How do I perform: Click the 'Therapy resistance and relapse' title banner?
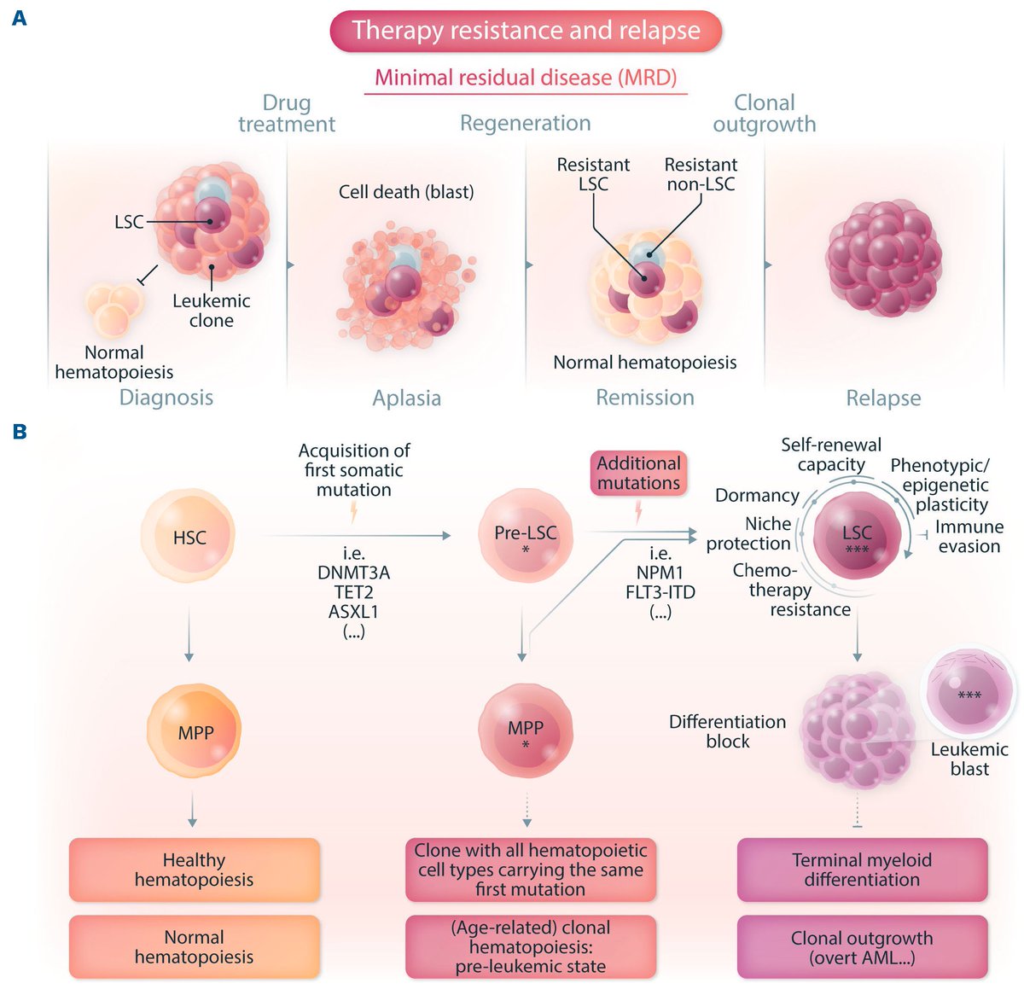pos(526,31)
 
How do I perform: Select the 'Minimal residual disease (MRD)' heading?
pos(526,78)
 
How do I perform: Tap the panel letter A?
pos(19,17)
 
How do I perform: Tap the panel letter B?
pos(19,432)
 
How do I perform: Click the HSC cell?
pos(189,538)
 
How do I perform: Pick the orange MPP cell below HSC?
pos(195,732)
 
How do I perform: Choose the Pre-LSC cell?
pos(526,536)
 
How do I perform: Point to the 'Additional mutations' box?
pos(638,474)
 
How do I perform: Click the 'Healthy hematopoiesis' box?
pos(194,870)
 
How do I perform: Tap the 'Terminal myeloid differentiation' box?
pos(862,870)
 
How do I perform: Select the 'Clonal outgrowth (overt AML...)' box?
pos(862,947)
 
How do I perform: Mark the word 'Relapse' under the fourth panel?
pos(883,398)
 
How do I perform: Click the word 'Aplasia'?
pos(406,398)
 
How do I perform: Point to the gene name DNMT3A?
pos(353,573)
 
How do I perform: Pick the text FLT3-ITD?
pos(660,592)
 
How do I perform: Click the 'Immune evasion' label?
pos(969,537)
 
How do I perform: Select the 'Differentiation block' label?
pos(727,731)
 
